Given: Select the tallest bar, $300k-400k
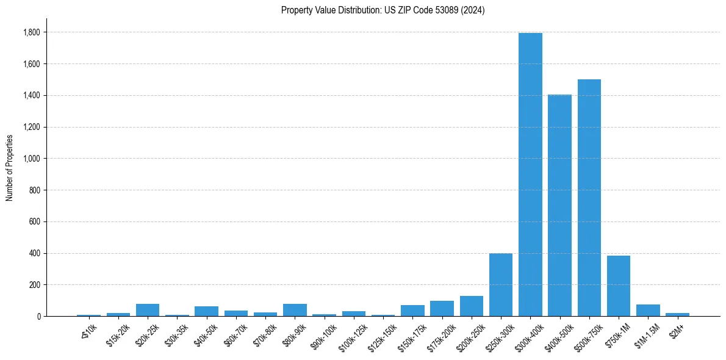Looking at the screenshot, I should coord(530,175).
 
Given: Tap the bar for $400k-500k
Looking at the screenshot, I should coord(559,205).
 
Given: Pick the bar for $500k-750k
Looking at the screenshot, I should coord(589,198).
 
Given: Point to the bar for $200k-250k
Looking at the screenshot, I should coord(472,306).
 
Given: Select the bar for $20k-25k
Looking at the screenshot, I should coord(148,310).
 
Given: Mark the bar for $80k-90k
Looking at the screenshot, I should coord(295,310).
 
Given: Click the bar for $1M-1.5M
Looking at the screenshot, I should coord(648,311).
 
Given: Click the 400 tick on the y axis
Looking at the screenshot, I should coord(35,253).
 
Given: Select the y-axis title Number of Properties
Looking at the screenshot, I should coord(10,167).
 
